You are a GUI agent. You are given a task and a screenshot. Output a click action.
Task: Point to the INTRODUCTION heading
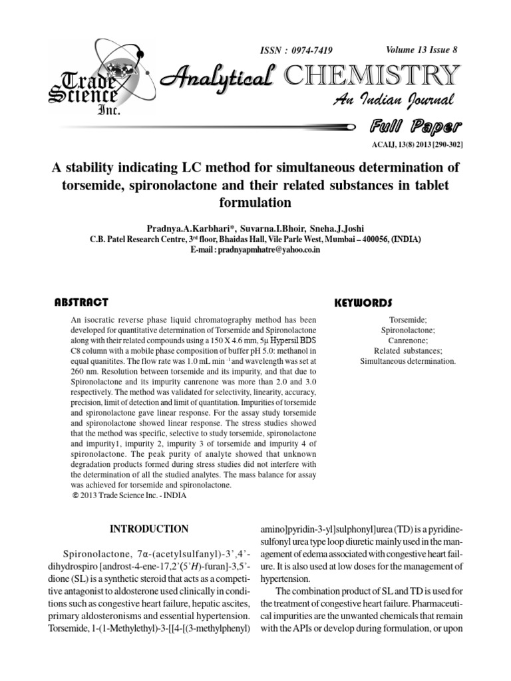point(149,529)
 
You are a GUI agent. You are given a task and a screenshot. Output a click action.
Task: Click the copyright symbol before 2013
point(74,495)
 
